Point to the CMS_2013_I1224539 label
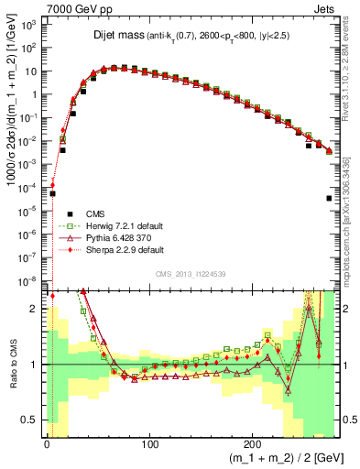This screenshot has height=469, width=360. (x=191, y=272)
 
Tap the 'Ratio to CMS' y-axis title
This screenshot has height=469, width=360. (x=11, y=364)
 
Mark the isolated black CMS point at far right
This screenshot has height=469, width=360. (x=329, y=198)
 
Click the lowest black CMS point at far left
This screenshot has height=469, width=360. (x=52, y=193)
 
